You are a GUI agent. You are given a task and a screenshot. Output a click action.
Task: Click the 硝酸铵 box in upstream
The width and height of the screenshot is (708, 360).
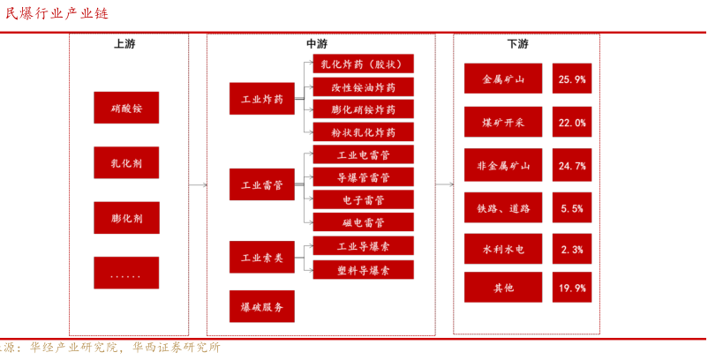point(126,107)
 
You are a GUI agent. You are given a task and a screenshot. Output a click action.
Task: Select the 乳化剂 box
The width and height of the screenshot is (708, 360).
point(126,162)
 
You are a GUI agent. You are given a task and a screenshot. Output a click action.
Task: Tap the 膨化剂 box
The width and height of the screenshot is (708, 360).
point(126,217)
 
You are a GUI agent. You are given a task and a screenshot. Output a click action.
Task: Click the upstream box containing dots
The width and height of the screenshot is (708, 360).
point(126,273)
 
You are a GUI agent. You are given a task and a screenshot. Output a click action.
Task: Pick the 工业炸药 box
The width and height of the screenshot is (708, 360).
point(262,99)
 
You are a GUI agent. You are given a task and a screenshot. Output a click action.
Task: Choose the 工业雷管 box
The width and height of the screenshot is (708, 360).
point(262,184)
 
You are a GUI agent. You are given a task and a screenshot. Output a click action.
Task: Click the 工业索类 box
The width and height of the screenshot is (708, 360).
point(262,257)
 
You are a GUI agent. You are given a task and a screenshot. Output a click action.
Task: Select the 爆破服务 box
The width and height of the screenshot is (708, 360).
point(262,306)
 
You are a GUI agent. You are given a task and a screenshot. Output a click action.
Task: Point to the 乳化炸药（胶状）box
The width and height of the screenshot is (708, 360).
point(363,64)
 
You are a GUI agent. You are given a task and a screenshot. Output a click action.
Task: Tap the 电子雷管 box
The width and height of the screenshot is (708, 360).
point(363,199)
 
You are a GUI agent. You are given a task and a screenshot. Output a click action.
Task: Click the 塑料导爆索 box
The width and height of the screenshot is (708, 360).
point(363,269)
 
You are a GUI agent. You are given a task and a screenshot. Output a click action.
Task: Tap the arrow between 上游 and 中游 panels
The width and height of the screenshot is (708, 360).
point(198,185)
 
